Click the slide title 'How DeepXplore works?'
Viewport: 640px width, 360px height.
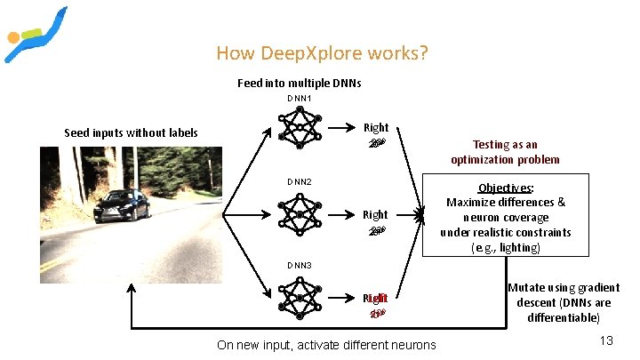(322, 53)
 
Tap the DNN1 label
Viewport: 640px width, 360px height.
(299, 98)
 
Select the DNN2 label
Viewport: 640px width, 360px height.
(299, 182)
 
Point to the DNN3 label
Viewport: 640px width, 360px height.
(299, 266)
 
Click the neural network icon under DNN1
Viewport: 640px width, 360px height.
(300, 128)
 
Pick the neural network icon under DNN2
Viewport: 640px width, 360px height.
(300, 213)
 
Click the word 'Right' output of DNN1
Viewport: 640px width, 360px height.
(375, 128)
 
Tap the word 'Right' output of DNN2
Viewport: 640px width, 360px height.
(375, 214)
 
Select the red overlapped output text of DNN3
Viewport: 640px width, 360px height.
(376, 299)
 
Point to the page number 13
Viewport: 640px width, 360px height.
(608, 340)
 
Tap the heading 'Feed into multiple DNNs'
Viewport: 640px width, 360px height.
(300, 83)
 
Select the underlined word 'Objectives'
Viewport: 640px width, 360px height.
(505, 188)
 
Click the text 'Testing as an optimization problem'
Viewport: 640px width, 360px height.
(505, 152)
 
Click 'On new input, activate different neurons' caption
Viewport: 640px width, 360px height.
(327, 345)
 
